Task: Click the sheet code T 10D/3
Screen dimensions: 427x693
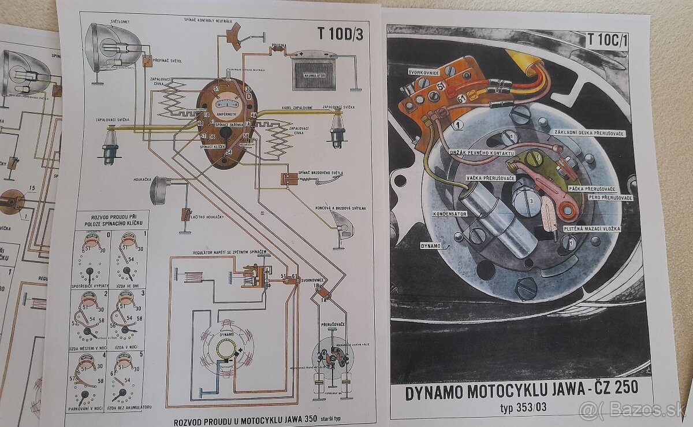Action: coord(340,32)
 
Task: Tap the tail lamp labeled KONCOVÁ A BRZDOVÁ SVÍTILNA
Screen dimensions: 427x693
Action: coord(341,225)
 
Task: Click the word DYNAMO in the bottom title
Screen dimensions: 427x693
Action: coord(438,393)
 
